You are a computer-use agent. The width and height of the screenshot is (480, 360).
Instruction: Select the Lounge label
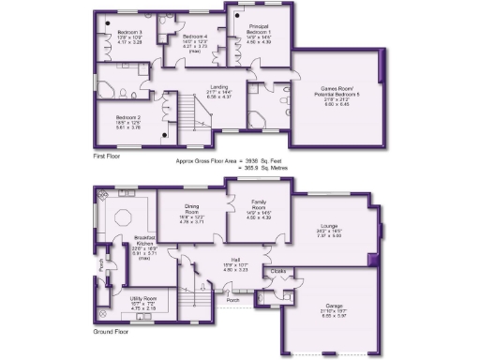tap(328, 226)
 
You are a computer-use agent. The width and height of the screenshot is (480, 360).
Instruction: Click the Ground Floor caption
tap(112, 332)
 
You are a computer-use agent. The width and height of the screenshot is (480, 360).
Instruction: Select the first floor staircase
tap(194, 114)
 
